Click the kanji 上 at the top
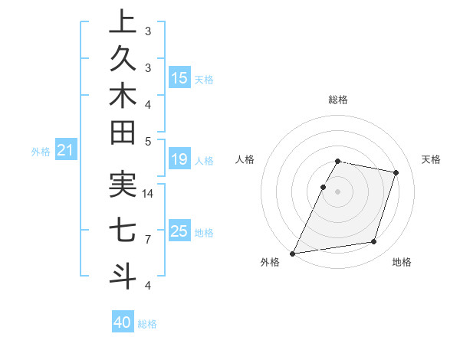[x=123, y=21]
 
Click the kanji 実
[x=123, y=186]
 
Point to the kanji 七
[x=123, y=231]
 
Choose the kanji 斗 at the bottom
[x=123, y=275]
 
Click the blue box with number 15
[x=179, y=78]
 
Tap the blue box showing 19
[x=179, y=159]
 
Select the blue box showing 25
[x=179, y=231]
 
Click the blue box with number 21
[x=66, y=151]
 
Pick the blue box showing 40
[x=123, y=322]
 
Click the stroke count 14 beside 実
[x=148, y=194]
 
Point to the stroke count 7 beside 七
[x=148, y=240]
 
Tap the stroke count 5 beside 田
[x=148, y=141]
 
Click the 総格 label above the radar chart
[x=338, y=100]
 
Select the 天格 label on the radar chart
[x=431, y=159]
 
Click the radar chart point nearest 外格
[x=292, y=254]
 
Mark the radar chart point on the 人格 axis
[x=324, y=187]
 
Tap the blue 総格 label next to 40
[x=147, y=324]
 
